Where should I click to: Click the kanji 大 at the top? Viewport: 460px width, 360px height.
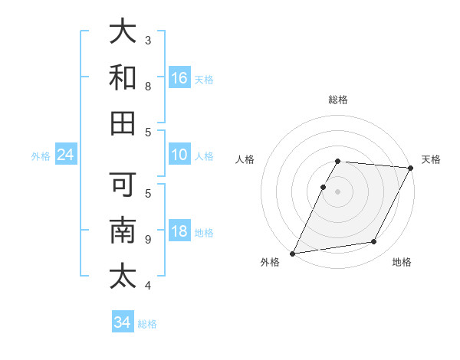tap(123, 33)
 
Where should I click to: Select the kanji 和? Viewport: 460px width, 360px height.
tap(123, 77)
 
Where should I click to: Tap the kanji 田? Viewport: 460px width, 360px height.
tap(123, 123)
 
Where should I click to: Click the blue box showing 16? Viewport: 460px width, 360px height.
tap(179, 77)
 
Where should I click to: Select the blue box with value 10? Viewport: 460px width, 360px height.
tap(179, 155)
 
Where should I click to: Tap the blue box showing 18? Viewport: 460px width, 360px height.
tap(179, 231)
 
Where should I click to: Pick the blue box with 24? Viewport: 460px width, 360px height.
tap(65, 155)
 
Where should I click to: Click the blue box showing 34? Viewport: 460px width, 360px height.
tap(123, 322)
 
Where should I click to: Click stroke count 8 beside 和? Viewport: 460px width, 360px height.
tap(148, 87)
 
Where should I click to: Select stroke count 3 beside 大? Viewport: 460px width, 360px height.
tap(148, 40)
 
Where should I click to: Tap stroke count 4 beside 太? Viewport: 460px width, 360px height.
tap(148, 286)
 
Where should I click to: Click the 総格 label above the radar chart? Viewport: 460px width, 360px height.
tap(338, 100)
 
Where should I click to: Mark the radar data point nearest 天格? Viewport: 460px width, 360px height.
tap(412, 168)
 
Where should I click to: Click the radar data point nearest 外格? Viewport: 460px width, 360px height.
tap(292, 253)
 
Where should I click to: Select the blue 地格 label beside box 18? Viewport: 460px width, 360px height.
tap(205, 232)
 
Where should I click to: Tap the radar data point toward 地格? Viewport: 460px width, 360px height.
tap(374, 242)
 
